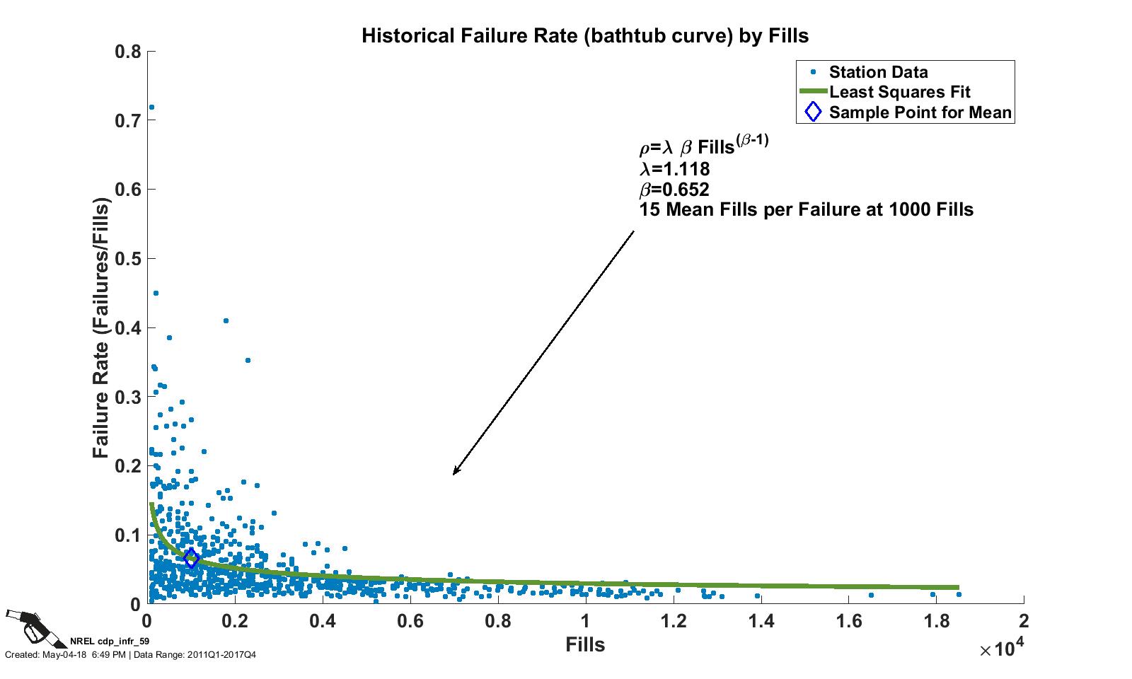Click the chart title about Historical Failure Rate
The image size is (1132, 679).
tap(584, 35)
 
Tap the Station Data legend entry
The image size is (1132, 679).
tap(878, 72)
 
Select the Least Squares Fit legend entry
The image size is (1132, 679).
tap(899, 92)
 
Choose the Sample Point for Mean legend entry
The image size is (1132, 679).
tap(920, 112)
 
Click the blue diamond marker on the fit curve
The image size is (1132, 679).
tap(190, 558)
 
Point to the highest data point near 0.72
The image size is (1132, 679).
tap(151, 108)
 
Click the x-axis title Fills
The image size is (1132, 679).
tap(585, 644)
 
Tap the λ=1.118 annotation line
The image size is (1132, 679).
tap(674, 169)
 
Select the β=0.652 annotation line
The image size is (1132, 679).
tap(674, 190)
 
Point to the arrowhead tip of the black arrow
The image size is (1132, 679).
tap(454, 474)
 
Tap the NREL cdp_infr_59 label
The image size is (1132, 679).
tap(110, 642)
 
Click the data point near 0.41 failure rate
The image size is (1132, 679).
tap(226, 321)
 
